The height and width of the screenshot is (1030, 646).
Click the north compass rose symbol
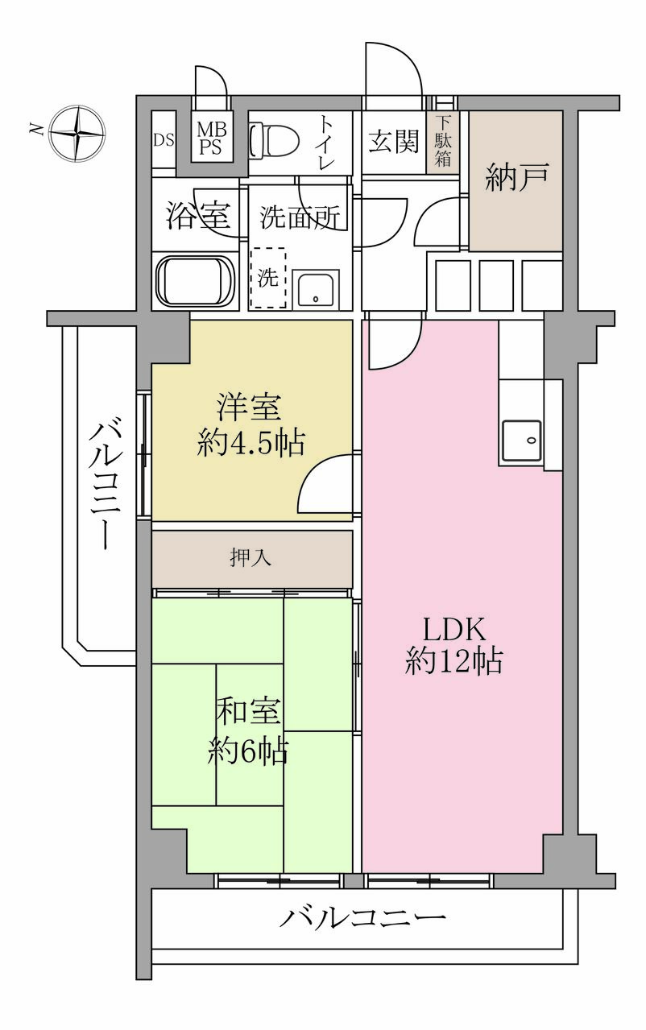point(77,134)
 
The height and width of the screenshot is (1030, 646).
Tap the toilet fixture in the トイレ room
point(273,140)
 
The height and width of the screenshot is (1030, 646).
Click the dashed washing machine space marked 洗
point(267,278)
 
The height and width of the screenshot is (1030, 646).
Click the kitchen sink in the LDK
point(521,441)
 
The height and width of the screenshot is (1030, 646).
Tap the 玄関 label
point(394,141)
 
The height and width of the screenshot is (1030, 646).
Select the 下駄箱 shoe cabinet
point(442,143)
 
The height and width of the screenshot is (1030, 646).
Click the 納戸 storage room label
point(517,178)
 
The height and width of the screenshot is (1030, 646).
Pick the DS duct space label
point(164,140)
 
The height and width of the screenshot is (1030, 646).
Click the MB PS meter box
point(212,138)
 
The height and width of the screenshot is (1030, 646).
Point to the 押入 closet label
point(251,558)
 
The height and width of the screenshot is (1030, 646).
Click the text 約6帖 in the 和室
point(248,751)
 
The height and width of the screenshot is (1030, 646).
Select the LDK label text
point(453,630)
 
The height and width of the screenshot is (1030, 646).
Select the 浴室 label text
point(198,216)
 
